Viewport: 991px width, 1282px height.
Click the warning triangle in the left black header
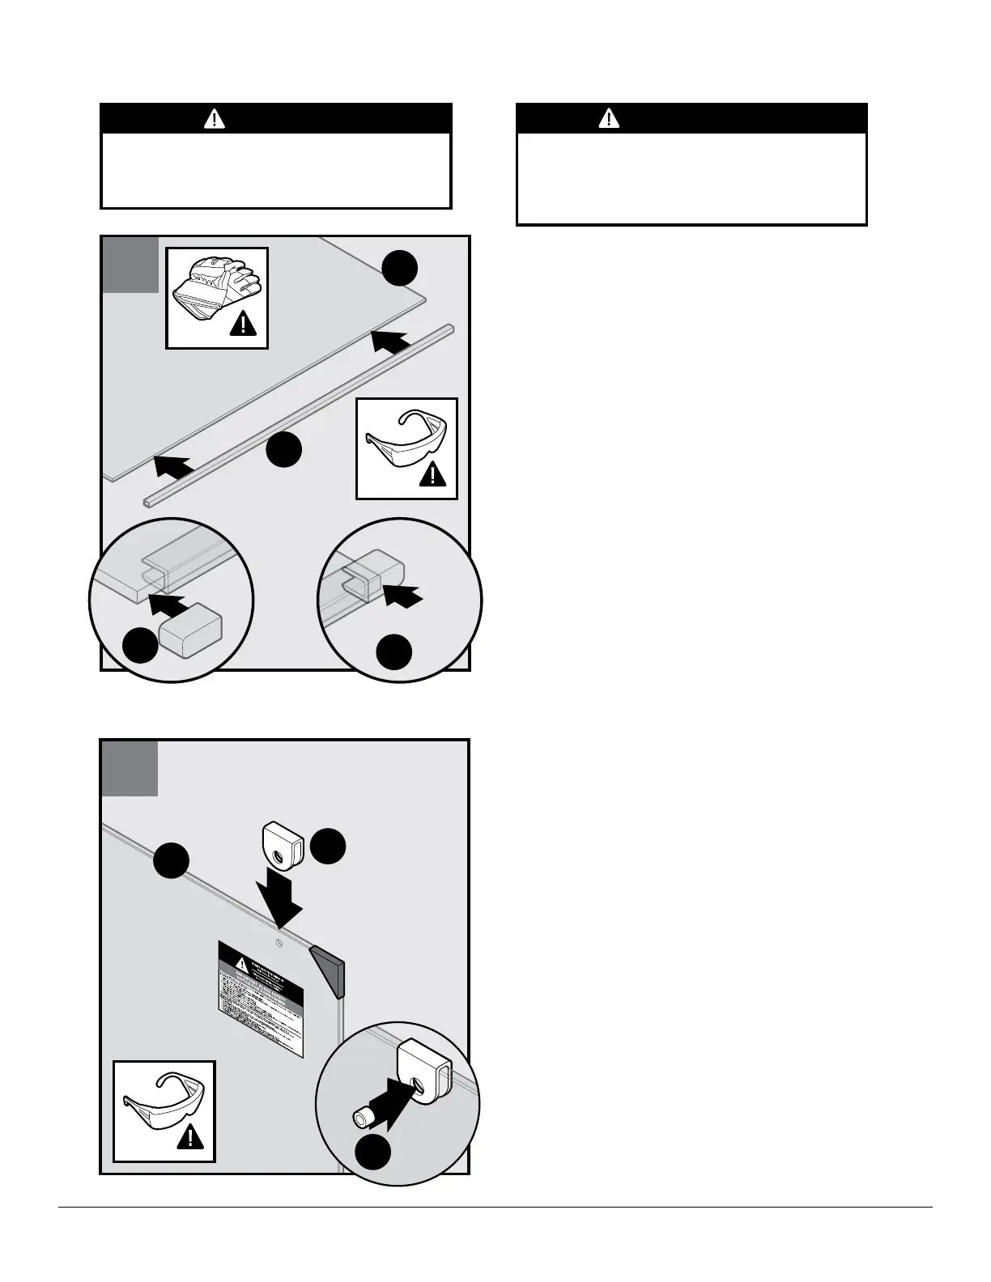(x=214, y=119)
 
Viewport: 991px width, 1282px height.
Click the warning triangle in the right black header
(x=608, y=119)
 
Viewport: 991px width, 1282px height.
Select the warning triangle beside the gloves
(x=242, y=325)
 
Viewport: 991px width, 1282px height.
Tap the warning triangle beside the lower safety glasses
(x=189, y=1138)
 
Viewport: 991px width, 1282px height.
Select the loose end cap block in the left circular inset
(x=190, y=630)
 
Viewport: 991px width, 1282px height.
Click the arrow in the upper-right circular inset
(x=402, y=597)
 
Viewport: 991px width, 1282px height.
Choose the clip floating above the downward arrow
(x=283, y=844)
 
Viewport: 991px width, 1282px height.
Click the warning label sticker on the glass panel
(x=260, y=998)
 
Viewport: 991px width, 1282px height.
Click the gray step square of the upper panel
(x=130, y=265)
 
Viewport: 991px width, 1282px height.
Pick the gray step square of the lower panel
(x=130, y=767)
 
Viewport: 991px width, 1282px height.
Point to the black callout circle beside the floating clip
(x=329, y=846)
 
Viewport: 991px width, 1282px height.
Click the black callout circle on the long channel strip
(x=284, y=450)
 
